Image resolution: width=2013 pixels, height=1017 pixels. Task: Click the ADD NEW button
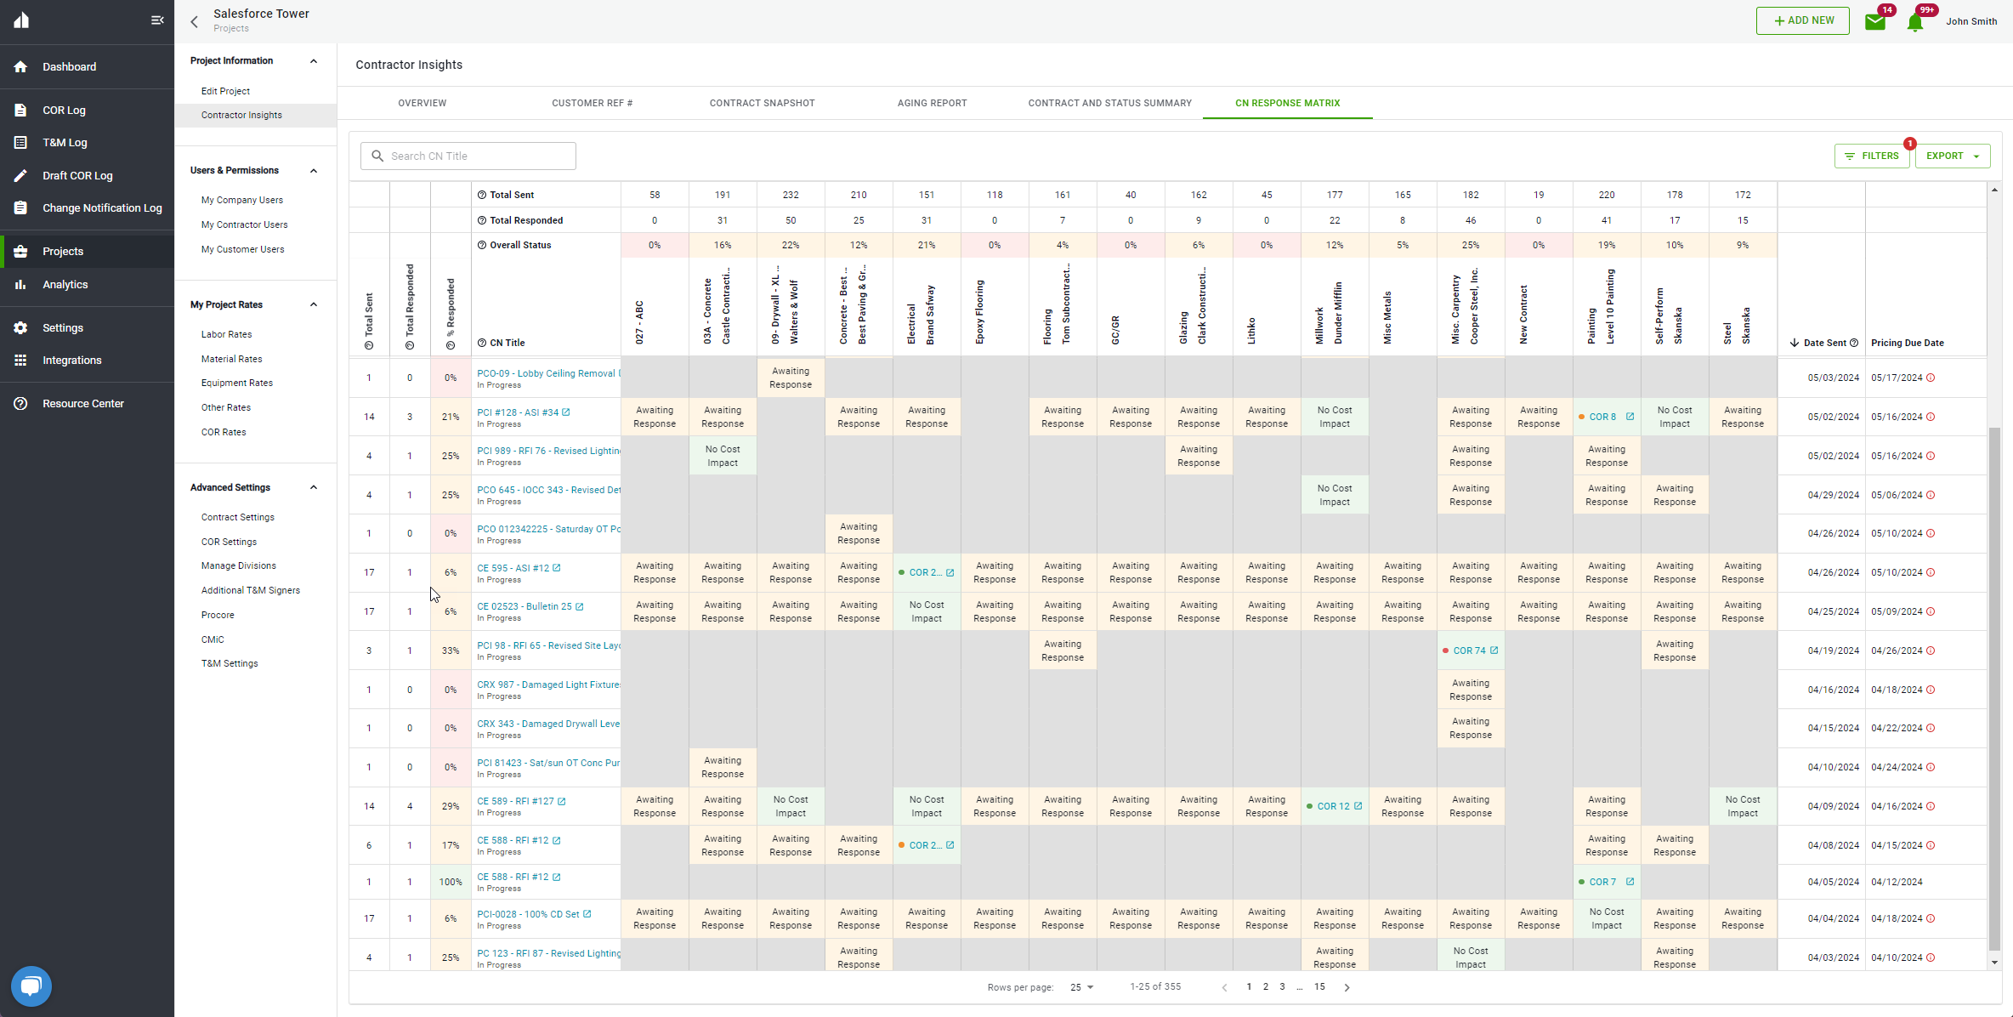(x=1802, y=20)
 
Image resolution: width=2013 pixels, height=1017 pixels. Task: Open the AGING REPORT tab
(x=932, y=103)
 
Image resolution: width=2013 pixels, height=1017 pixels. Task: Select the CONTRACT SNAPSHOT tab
(x=762, y=103)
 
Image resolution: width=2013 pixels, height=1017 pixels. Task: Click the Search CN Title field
(x=476, y=156)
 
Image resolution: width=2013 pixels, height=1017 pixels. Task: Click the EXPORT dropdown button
(x=1952, y=156)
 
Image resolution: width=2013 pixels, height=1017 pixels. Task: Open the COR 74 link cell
(x=1470, y=651)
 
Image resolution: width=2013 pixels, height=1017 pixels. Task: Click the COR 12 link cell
(x=1334, y=806)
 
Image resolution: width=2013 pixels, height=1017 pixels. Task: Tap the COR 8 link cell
(x=1602, y=417)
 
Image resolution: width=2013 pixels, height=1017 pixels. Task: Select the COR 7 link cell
(x=1602, y=882)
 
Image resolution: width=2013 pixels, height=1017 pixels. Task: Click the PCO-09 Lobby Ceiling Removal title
(x=547, y=373)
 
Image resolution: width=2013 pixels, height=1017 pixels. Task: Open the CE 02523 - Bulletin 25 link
(x=525, y=606)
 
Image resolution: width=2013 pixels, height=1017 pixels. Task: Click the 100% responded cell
(x=451, y=882)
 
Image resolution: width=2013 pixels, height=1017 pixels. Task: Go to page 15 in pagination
(x=1319, y=986)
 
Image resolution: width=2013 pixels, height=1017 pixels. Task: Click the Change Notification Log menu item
(x=102, y=207)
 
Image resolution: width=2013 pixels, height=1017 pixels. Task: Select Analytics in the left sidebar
(x=65, y=284)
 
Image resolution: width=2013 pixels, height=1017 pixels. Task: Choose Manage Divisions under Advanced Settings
(x=238, y=565)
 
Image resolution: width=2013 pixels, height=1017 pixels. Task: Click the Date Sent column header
(x=1825, y=343)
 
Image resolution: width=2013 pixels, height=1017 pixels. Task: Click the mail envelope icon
(x=1875, y=21)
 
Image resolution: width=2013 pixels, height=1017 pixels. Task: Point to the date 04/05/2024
(x=1833, y=882)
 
